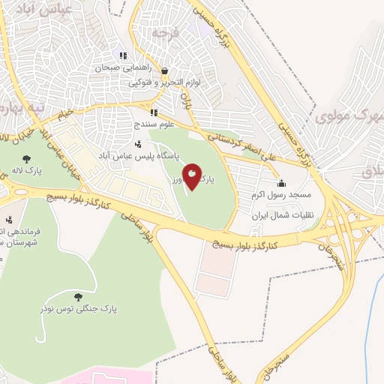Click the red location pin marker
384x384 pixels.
click(x=193, y=177)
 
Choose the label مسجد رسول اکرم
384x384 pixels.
click(x=281, y=195)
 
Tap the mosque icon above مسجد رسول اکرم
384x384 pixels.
click(x=281, y=183)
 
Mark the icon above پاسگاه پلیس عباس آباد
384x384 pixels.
click(x=137, y=144)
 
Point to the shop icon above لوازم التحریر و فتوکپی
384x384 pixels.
click(x=164, y=71)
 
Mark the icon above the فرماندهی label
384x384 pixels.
click(x=8, y=220)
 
